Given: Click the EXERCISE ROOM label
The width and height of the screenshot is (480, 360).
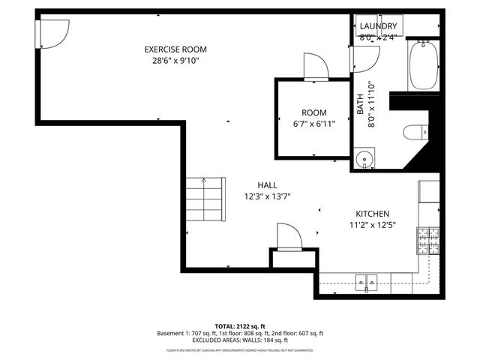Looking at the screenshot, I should pos(175,49).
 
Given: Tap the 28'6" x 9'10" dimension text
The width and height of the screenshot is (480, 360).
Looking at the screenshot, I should pos(175,61).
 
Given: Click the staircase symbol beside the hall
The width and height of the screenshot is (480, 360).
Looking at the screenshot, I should pos(205,199).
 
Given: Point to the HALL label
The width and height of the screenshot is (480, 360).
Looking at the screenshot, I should pos(267,184).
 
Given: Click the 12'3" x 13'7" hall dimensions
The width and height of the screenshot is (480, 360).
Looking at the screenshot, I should pos(267,196).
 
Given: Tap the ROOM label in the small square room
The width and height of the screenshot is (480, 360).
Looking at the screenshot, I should pos(313,112).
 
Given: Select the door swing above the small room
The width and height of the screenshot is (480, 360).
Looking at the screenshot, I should pos(316,67).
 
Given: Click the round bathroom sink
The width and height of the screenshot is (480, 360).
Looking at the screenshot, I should pos(365,159).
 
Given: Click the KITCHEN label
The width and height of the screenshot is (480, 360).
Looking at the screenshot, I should pos(372,213).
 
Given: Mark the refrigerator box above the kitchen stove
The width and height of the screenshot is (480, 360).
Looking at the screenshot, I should pos(429,193).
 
